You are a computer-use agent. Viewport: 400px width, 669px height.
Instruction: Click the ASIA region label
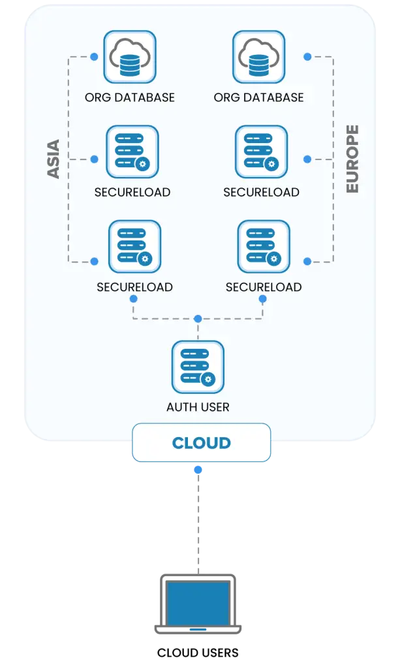(x=54, y=159)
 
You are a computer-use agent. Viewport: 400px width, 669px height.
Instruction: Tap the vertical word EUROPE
(x=352, y=159)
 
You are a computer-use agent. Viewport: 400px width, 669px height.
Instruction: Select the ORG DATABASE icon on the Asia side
(x=130, y=57)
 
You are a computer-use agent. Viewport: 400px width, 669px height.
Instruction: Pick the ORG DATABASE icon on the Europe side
(x=259, y=57)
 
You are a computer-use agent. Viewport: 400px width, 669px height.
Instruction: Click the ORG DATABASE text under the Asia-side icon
(x=130, y=97)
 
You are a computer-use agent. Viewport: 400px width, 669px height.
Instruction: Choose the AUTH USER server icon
(x=198, y=367)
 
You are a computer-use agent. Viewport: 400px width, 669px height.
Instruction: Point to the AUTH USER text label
(x=198, y=407)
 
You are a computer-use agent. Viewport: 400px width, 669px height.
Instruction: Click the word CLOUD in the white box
(x=201, y=443)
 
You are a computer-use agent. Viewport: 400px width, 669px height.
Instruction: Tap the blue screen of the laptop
(x=198, y=603)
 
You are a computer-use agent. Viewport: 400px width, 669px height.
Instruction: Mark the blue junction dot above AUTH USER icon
(x=198, y=319)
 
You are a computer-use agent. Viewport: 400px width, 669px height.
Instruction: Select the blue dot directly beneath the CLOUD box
(x=198, y=470)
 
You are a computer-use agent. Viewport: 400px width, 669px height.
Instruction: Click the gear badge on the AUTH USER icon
(x=208, y=379)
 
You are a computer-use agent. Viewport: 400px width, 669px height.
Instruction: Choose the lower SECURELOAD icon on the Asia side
(x=135, y=246)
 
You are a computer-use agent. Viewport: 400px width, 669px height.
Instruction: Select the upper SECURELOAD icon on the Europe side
(x=261, y=152)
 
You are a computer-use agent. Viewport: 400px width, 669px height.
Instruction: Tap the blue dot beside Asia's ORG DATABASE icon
(x=95, y=57)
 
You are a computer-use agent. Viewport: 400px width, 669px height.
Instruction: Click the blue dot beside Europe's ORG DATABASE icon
(x=307, y=57)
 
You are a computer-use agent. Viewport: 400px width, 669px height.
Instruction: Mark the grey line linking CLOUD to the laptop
(x=198, y=523)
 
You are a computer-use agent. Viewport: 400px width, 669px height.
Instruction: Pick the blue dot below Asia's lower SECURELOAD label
(x=134, y=299)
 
